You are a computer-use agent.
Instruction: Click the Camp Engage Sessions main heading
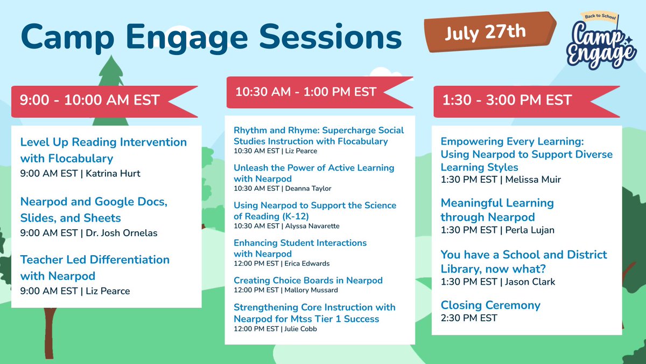pos(211,37)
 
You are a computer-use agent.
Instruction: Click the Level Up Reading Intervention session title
pos(103,150)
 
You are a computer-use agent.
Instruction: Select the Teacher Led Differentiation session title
pos(95,267)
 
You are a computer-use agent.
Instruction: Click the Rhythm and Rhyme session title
pos(318,136)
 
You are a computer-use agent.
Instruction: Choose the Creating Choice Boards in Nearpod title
pos(308,280)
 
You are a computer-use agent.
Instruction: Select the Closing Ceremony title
pos(490,305)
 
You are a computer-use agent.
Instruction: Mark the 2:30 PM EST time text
pos(469,318)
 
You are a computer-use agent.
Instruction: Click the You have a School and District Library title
pos(524,261)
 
